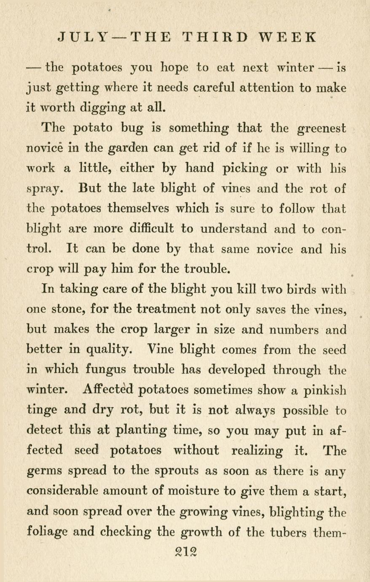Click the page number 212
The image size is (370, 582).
[x=186, y=552]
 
